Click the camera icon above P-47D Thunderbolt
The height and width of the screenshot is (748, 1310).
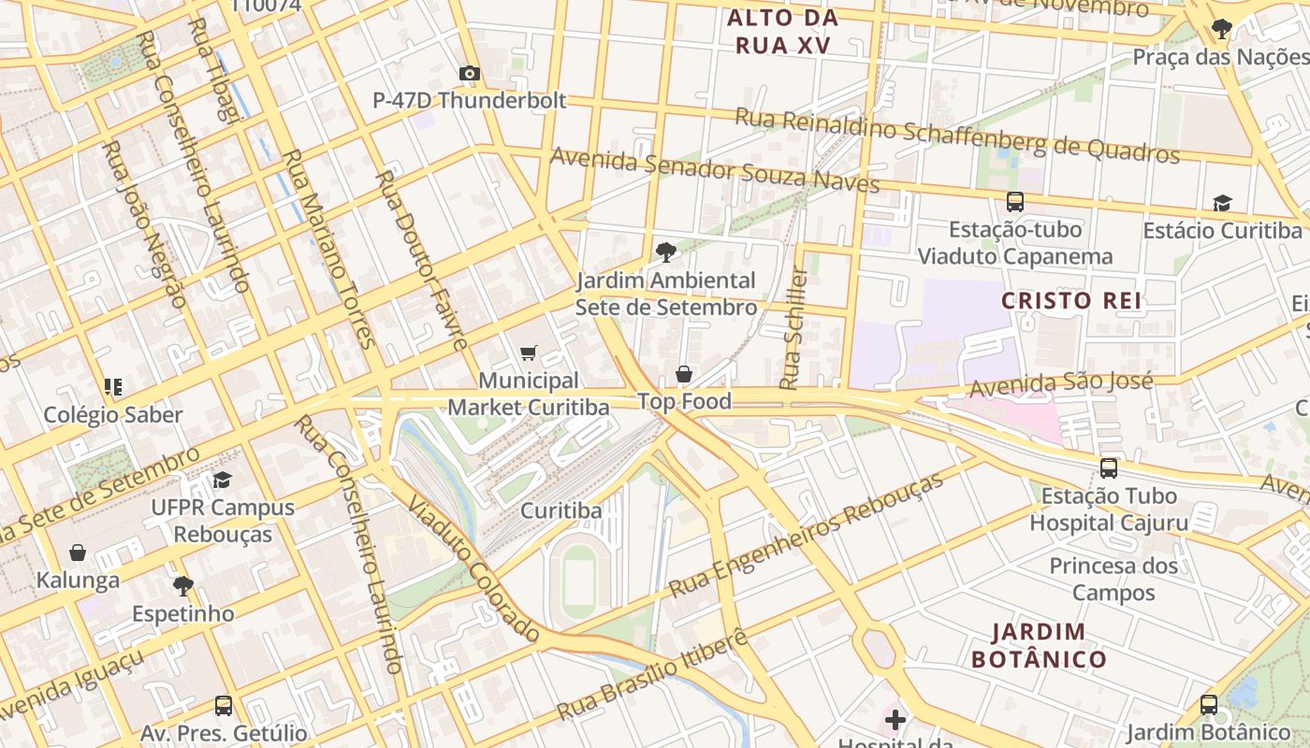pyautogui.click(x=470, y=73)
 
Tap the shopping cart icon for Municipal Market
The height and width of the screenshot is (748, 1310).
pyautogui.click(x=529, y=352)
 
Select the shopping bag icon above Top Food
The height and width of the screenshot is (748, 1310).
pyautogui.click(x=684, y=375)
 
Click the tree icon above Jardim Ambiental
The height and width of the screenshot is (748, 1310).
pyautogui.click(x=665, y=252)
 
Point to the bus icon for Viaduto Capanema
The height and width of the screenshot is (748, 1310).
pyautogui.click(x=1015, y=201)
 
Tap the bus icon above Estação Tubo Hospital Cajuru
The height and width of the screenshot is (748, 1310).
pyautogui.click(x=1109, y=467)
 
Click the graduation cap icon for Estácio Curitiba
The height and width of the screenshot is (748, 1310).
pyautogui.click(x=1222, y=203)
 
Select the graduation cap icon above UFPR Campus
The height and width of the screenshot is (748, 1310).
pyautogui.click(x=222, y=481)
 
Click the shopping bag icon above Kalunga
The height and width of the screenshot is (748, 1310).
pyautogui.click(x=78, y=553)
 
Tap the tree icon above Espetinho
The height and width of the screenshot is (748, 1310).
pyautogui.click(x=182, y=586)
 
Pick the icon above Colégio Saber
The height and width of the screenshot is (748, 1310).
pyautogui.click(x=113, y=387)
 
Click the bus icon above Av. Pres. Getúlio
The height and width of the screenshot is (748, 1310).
pyautogui.click(x=223, y=705)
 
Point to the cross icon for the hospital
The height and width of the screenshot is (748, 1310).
pyautogui.click(x=895, y=720)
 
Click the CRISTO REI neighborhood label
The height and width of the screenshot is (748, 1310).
pyautogui.click(x=1071, y=300)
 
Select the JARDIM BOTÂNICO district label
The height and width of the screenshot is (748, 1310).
pyautogui.click(x=1039, y=645)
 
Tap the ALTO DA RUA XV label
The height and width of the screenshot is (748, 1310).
pyautogui.click(x=782, y=31)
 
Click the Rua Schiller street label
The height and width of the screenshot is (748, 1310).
pyautogui.click(x=793, y=329)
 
